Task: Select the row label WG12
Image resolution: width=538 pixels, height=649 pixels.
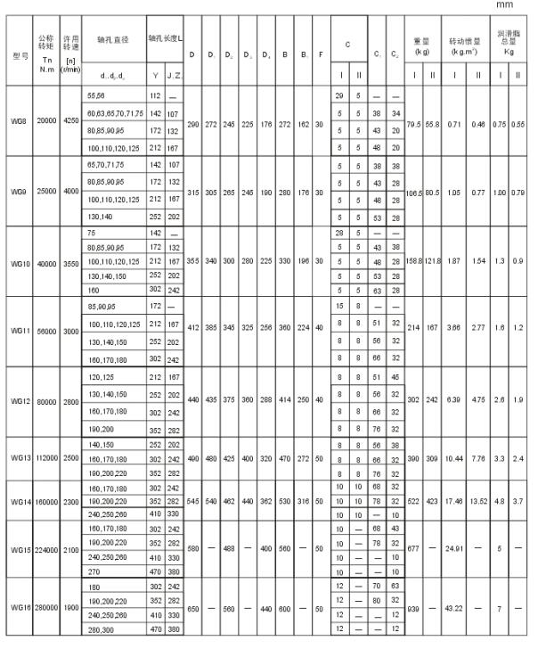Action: pyautogui.click(x=19, y=400)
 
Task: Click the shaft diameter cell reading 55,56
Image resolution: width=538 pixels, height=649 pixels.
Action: pyautogui.click(x=95, y=94)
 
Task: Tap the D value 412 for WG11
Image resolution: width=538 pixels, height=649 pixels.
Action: pyautogui.click(x=192, y=328)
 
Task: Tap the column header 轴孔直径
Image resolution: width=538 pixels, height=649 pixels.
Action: pyautogui.click(x=111, y=40)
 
